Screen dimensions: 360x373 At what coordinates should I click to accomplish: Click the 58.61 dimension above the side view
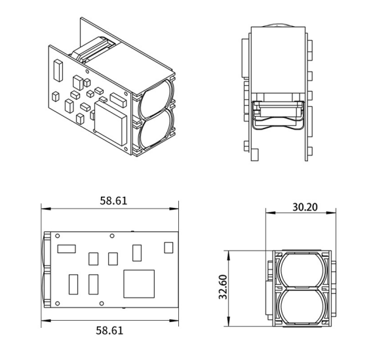pos(113,201)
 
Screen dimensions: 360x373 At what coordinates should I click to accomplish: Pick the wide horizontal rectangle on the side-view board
pos(67,249)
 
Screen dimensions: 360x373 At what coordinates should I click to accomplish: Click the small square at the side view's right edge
pos(168,247)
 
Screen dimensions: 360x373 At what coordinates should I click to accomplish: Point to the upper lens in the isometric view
pos(157,96)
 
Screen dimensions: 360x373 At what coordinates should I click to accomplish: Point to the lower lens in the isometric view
pos(157,129)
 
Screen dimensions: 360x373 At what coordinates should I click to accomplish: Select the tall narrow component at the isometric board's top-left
pos(58,68)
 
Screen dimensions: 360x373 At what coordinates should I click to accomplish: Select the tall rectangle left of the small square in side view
pos(137,252)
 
